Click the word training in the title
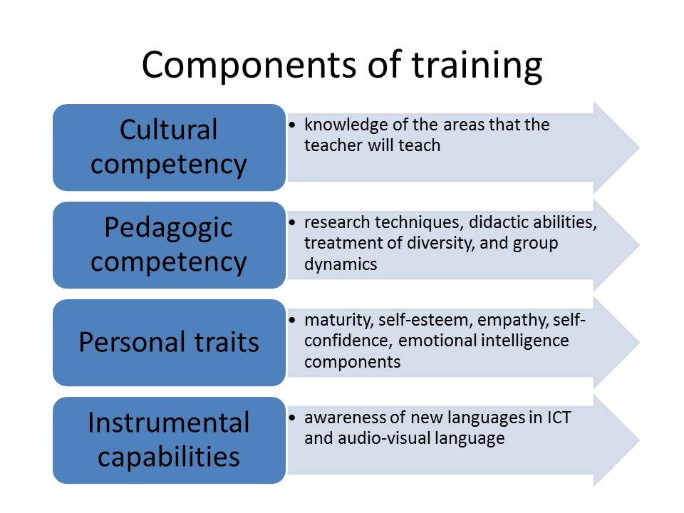pyautogui.click(x=476, y=66)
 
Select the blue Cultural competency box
pyautogui.click(x=169, y=147)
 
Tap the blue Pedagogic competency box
pyautogui.click(x=169, y=244)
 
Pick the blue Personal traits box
pyautogui.click(x=169, y=343)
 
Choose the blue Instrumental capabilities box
pyautogui.click(x=169, y=440)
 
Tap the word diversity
pyautogui.click(x=428, y=243)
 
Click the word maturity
pyautogui.click(x=332, y=320)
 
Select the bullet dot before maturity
pyautogui.click(x=294, y=321)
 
